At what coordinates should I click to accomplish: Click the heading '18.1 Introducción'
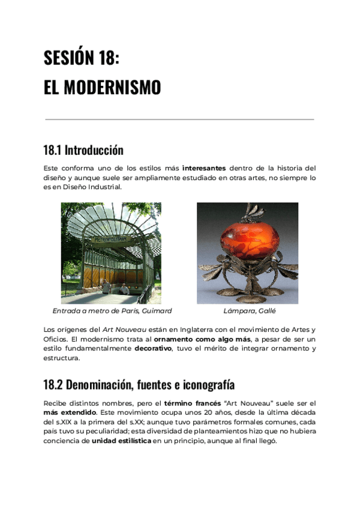(x=83, y=149)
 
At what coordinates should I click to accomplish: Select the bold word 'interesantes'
(x=204, y=168)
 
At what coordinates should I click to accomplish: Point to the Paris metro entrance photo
(x=111, y=253)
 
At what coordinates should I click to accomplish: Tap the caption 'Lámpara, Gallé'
(x=250, y=311)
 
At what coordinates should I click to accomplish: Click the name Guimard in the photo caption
(x=157, y=311)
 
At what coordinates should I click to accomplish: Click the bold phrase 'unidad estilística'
(x=121, y=441)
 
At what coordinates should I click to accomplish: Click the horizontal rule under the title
(x=179, y=119)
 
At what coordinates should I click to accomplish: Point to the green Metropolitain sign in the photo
(x=111, y=239)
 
